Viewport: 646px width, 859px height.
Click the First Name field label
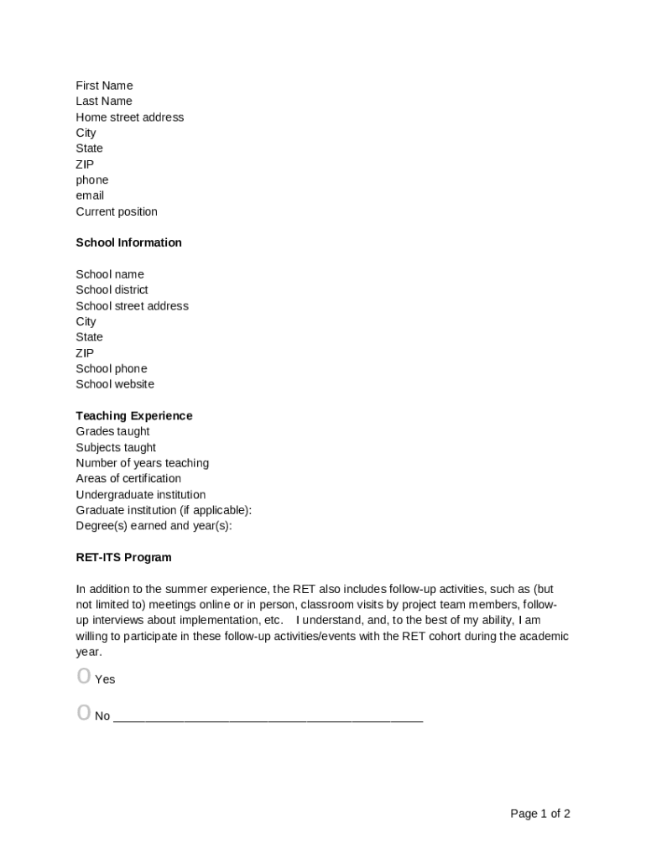[104, 86]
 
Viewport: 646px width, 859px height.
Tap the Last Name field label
[104, 102]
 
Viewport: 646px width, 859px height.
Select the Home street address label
[130, 117]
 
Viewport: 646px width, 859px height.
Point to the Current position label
[117, 211]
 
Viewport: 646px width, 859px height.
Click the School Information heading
[128, 242]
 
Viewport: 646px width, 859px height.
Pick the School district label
[112, 289]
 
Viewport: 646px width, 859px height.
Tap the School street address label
[133, 305]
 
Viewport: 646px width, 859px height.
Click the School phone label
[112, 368]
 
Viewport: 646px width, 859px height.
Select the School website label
[115, 384]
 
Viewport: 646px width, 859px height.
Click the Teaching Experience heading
[134, 416]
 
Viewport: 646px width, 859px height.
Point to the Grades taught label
[112, 431]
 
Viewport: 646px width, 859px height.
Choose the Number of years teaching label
[143, 463]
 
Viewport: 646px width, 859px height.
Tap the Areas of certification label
[128, 478]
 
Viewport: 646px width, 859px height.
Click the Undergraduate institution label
[141, 495]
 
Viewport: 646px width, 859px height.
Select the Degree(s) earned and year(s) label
[154, 526]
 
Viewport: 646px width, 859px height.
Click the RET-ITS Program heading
[123, 557]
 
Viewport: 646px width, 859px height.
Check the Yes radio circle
[83, 676]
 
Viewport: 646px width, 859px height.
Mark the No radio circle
[83, 713]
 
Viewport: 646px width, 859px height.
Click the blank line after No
[268, 719]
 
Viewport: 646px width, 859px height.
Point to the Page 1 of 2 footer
[540, 814]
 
